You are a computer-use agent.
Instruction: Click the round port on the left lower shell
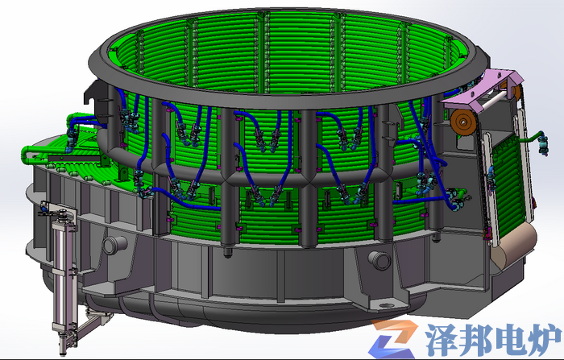[114, 245]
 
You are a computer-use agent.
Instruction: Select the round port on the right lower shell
[379, 259]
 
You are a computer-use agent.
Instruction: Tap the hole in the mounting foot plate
[386, 306]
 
